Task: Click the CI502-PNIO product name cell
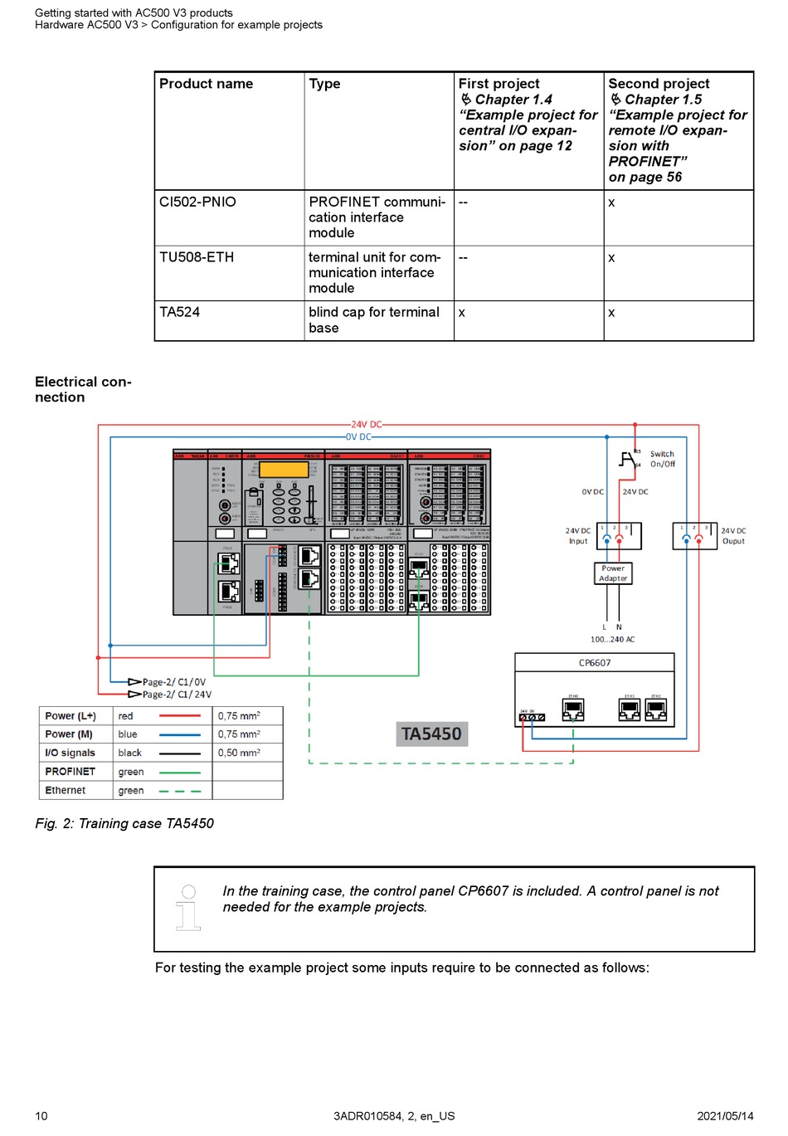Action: click(x=197, y=202)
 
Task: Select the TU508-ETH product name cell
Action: click(x=197, y=258)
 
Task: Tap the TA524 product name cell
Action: click(x=180, y=313)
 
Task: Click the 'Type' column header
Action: click(x=324, y=84)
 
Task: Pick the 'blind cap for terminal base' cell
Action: click(x=373, y=320)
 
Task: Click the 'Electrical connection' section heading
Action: click(x=83, y=390)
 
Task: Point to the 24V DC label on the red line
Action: click(x=366, y=425)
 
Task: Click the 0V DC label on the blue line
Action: click(x=358, y=437)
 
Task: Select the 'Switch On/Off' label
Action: click(x=662, y=460)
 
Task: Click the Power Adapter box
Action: click(x=613, y=573)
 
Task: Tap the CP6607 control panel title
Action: click(x=595, y=663)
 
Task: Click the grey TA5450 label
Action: click(x=431, y=734)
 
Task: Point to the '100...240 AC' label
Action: click(x=612, y=640)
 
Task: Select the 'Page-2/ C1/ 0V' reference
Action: click(x=174, y=682)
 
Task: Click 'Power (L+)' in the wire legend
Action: click(x=71, y=716)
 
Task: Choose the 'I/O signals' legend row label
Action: click(x=71, y=753)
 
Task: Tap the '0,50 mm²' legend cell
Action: click(x=239, y=753)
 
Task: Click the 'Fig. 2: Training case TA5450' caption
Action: click(x=124, y=824)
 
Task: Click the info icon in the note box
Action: click(x=188, y=907)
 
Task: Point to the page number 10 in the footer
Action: click(x=41, y=1116)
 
